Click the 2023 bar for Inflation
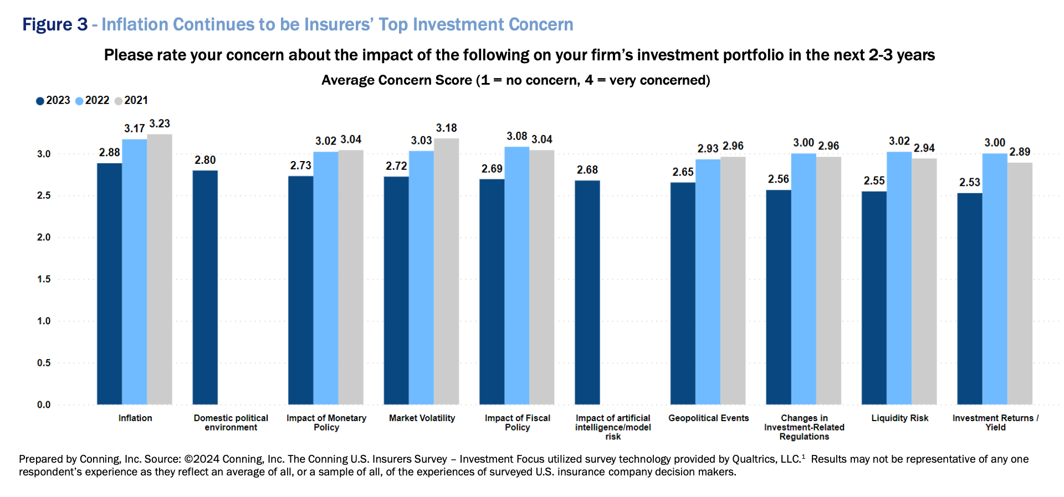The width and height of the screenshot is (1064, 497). click(x=109, y=283)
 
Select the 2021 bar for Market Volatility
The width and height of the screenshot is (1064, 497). click(x=446, y=271)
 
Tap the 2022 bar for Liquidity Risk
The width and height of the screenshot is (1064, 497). click(x=899, y=278)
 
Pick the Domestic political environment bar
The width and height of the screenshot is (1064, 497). click(x=205, y=287)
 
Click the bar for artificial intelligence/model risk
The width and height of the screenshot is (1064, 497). click(x=587, y=292)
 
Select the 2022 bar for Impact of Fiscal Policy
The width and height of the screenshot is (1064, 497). click(x=516, y=275)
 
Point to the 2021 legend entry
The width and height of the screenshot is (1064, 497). click(x=131, y=101)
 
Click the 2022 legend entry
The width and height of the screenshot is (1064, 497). click(x=93, y=101)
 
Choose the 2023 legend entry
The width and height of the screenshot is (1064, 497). click(x=53, y=101)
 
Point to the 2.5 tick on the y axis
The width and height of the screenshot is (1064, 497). click(x=44, y=195)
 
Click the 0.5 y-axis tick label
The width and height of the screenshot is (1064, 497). click(x=44, y=363)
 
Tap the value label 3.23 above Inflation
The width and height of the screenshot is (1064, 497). click(x=160, y=124)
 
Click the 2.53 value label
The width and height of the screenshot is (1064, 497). click(x=970, y=183)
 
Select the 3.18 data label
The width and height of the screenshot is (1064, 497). click(x=446, y=128)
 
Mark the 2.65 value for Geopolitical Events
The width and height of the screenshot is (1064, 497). click(x=683, y=172)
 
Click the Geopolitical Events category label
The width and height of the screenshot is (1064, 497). click(x=708, y=418)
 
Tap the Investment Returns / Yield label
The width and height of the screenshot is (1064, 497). click(x=995, y=423)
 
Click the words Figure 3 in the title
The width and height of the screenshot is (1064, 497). click(x=55, y=25)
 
